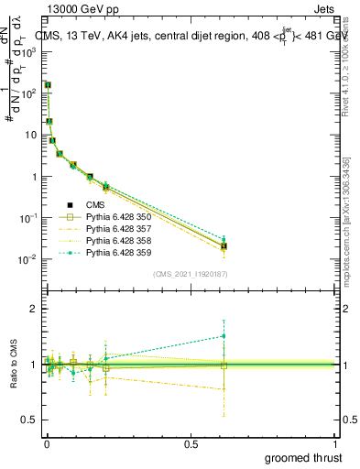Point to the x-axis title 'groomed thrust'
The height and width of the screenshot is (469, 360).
(304, 456)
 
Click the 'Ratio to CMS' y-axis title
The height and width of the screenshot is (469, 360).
(14, 365)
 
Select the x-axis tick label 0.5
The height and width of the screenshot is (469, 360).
(191, 442)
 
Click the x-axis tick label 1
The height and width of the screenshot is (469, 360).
(336, 442)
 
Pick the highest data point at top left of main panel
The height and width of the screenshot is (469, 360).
(48, 84)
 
